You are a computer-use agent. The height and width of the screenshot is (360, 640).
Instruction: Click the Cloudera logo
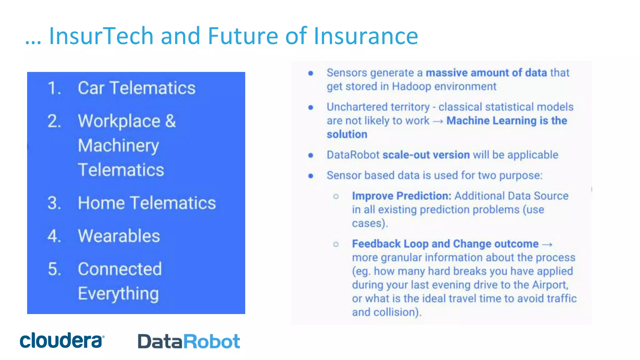[x=62, y=340]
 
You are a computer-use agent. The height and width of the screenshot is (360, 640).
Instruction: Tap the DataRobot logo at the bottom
[x=189, y=341]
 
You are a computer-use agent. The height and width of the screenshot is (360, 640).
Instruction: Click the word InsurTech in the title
[x=101, y=36]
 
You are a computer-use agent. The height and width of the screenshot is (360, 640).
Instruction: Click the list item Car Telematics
[x=137, y=88]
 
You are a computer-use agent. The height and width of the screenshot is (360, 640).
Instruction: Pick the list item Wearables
[x=119, y=236]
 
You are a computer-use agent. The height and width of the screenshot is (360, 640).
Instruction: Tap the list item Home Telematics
[x=147, y=203]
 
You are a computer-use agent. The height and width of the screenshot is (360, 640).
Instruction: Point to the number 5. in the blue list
[x=54, y=269]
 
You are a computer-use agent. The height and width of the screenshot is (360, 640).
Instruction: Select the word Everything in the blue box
[x=118, y=294]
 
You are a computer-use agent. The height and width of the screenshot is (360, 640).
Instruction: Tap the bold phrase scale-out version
[x=426, y=155]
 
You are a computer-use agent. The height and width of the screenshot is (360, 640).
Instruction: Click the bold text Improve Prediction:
[x=402, y=196]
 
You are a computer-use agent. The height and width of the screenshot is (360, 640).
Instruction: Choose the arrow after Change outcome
[x=547, y=244]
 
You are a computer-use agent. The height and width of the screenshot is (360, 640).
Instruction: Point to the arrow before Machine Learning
[x=438, y=121]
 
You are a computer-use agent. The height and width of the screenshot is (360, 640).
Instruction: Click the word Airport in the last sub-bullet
[x=549, y=285]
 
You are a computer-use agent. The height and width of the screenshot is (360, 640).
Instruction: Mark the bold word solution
[x=347, y=134]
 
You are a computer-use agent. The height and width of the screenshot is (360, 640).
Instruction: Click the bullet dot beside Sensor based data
[x=311, y=176]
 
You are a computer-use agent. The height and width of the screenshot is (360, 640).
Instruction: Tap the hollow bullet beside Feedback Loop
[x=336, y=244]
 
